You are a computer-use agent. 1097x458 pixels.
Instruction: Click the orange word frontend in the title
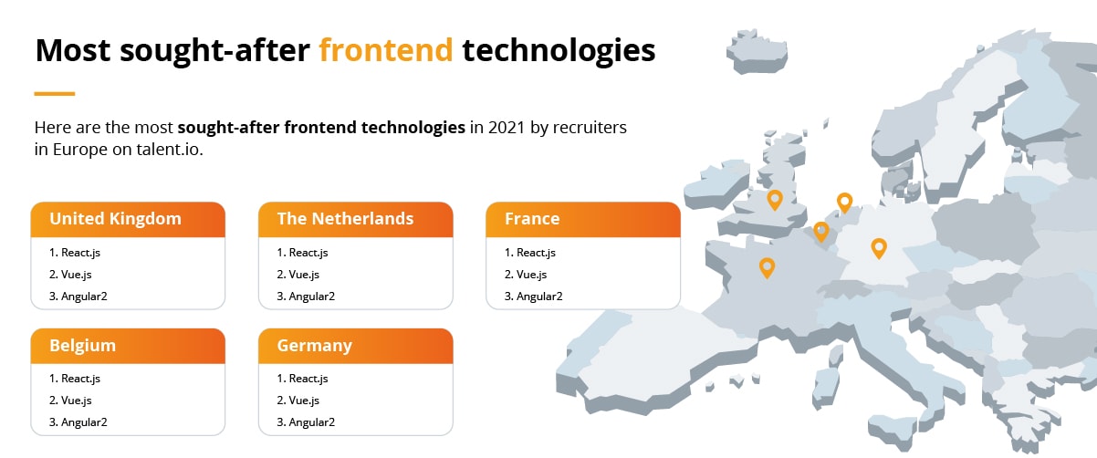point(385,50)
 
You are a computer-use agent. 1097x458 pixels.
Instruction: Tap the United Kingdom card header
point(127,219)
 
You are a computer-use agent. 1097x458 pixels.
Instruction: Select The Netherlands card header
point(355,219)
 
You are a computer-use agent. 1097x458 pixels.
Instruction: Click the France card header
point(582,219)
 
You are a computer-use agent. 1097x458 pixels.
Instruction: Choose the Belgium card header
point(127,346)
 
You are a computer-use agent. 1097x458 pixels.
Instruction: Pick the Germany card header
point(355,346)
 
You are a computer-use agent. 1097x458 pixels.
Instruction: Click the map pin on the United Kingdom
point(775,199)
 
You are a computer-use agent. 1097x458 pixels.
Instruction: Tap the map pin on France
point(768,266)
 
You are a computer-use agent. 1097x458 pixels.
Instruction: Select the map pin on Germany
point(878,246)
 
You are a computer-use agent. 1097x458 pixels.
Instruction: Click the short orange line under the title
point(54,93)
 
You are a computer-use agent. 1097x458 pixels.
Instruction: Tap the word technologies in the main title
point(559,50)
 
